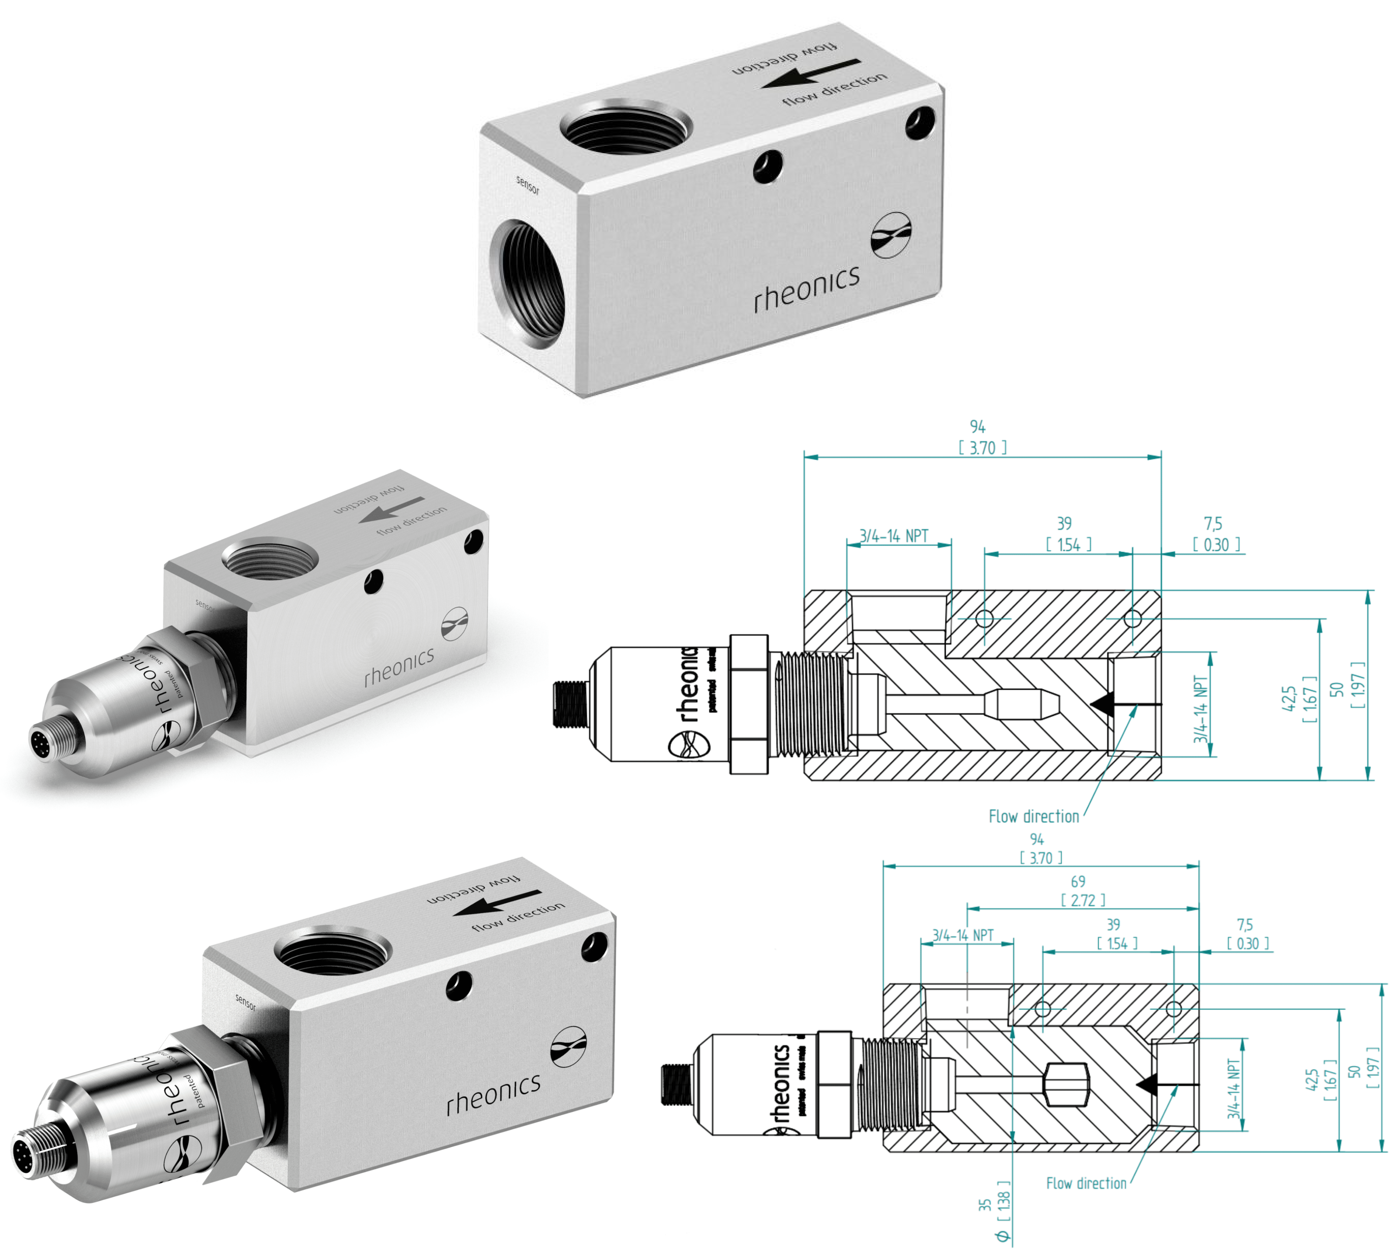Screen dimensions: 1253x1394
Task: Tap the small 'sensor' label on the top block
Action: coord(528,184)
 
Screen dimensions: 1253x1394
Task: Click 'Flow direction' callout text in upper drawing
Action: coord(1034,816)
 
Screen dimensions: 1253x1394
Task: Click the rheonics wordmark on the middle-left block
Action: coord(399,666)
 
